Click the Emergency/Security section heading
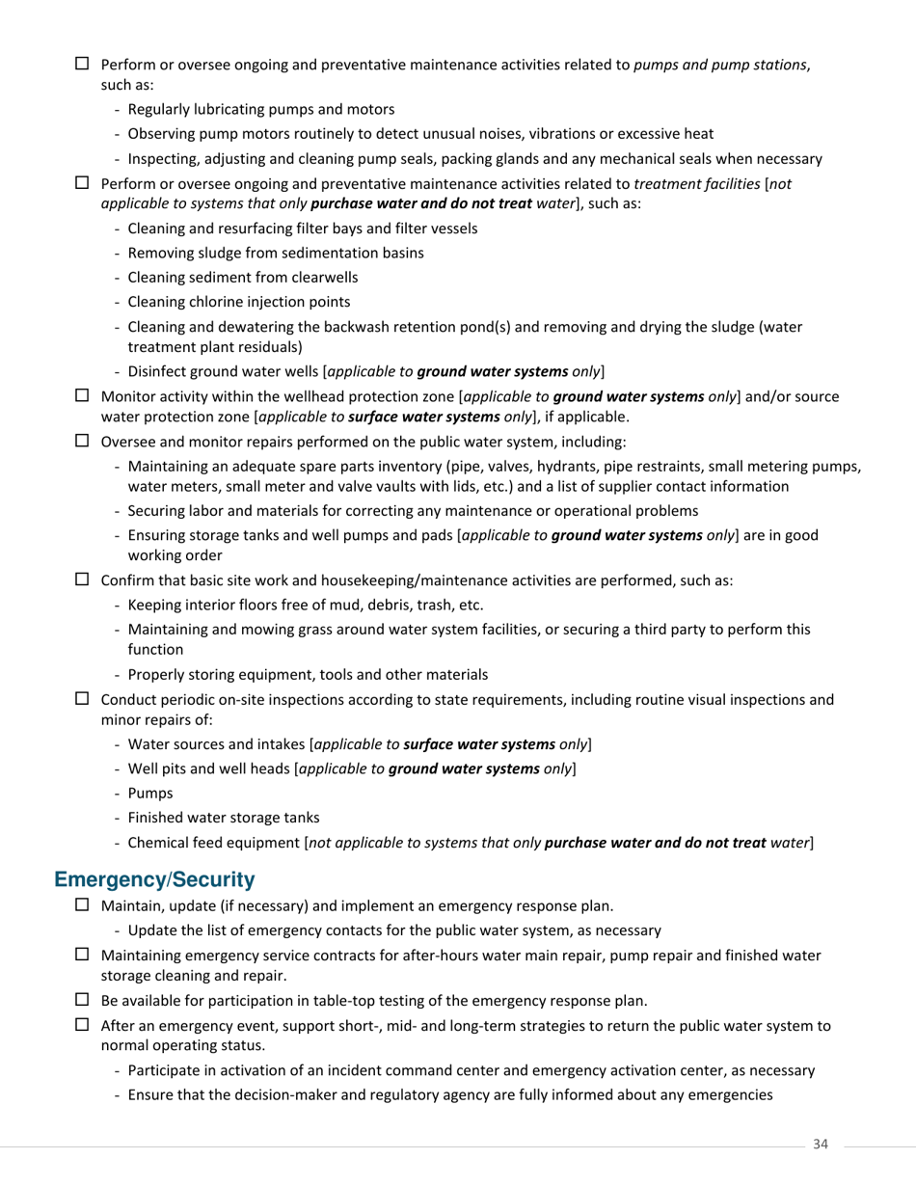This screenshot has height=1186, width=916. [x=154, y=879]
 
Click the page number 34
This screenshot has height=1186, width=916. [x=821, y=1144]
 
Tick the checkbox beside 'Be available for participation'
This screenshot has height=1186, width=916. [x=82, y=1000]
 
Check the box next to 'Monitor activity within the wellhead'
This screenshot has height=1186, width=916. [x=82, y=395]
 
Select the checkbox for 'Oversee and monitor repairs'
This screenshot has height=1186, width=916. [x=82, y=441]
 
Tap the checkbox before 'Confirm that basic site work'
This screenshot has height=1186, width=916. [x=82, y=580]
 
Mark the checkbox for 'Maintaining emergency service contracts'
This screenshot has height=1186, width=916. [x=82, y=955]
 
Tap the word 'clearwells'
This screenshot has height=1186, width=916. [x=323, y=278]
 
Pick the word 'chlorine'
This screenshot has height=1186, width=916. [x=212, y=302]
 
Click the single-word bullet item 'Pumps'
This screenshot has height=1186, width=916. [x=150, y=793]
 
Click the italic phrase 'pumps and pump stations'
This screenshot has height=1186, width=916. [x=719, y=65]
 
